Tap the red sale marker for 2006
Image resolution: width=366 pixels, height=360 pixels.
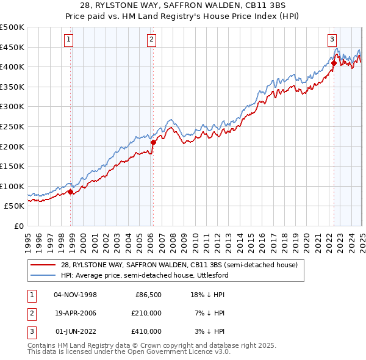(153, 143)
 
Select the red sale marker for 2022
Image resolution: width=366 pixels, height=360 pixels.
(334, 63)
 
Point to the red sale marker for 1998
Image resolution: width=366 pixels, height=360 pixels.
(71, 192)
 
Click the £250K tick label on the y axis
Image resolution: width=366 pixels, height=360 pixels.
(12, 126)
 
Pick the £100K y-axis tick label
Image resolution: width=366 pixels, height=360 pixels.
(12, 186)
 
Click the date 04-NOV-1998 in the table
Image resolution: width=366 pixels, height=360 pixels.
(76, 295)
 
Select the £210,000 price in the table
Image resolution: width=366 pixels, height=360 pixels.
(146, 313)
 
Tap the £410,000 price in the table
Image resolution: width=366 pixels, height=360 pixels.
(146, 331)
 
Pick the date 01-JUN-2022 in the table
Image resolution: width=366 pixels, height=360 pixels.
(76, 331)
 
